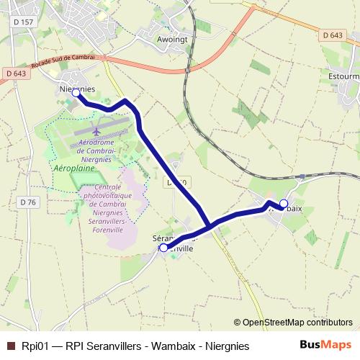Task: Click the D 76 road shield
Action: coord(28,202)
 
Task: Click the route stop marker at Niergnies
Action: coord(76,93)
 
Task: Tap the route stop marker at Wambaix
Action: coord(284,203)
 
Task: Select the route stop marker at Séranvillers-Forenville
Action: coord(163,248)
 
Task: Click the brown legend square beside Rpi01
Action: coord(11,346)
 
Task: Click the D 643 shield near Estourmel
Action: coord(333,35)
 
